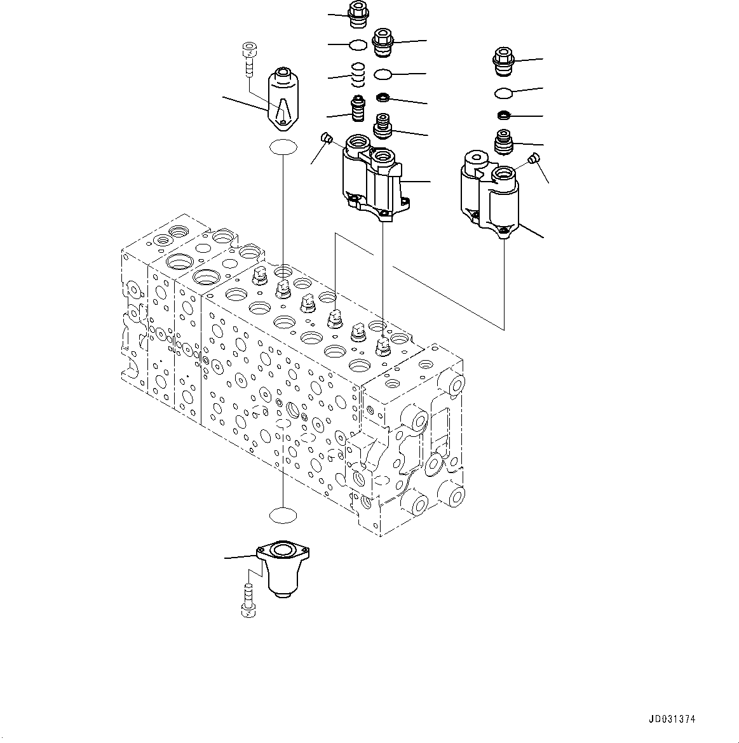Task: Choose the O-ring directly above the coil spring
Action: pos(358,44)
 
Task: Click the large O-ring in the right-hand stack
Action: pos(504,93)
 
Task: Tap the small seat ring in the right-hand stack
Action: pos(505,116)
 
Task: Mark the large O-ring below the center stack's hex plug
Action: pos(383,74)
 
